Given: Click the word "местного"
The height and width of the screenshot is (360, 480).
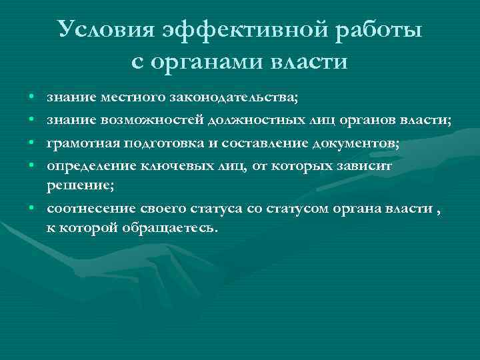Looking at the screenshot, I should tap(121, 99).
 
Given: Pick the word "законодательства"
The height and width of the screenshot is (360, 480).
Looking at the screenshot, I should tap(229, 99).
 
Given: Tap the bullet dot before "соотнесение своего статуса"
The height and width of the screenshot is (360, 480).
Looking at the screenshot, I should tap(32, 209).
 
